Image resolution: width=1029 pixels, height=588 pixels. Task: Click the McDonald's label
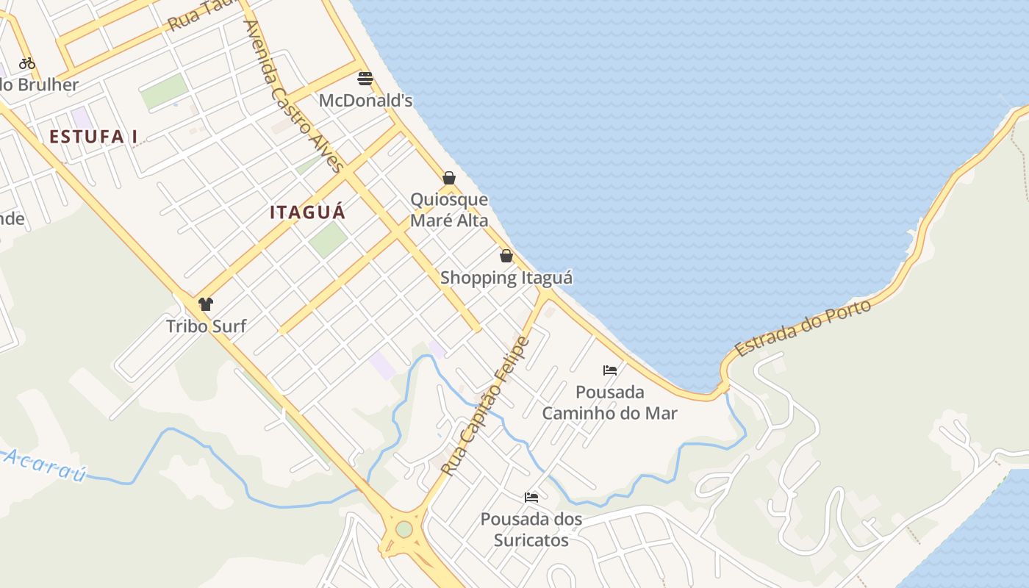pos(365,100)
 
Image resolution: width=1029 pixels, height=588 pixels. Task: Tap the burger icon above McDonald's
pos(365,78)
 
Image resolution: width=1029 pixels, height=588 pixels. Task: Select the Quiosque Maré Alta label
pos(448,209)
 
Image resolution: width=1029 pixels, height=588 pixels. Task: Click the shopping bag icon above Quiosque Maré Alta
pos(448,178)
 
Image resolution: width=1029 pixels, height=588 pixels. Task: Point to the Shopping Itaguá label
pos(506,278)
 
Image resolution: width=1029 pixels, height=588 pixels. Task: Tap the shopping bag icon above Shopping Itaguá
pos(506,256)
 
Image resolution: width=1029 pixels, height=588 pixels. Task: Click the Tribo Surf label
pos(206,326)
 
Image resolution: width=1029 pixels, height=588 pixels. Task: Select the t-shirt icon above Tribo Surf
pos(206,304)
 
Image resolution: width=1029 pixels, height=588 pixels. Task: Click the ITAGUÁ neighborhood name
pos(307,212)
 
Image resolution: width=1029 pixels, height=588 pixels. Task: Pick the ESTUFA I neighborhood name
pos(93,136)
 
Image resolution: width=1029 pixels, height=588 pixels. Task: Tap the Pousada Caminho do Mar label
pos(609,402)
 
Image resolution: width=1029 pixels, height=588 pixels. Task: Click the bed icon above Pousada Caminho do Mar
pos(609,370)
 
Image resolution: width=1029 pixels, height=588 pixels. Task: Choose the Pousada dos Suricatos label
pos(531,529)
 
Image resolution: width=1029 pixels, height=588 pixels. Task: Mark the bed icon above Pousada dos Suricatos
pos(531,498)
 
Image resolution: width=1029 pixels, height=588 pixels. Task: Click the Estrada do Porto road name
pos(803,328)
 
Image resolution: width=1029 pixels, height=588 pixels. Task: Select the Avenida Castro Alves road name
pos(293,96)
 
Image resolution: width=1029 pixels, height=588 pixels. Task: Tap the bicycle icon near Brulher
pos(27,63)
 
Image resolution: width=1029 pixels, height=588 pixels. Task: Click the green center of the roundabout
pos(404,529)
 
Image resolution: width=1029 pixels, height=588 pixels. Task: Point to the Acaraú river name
pos(44,465)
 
